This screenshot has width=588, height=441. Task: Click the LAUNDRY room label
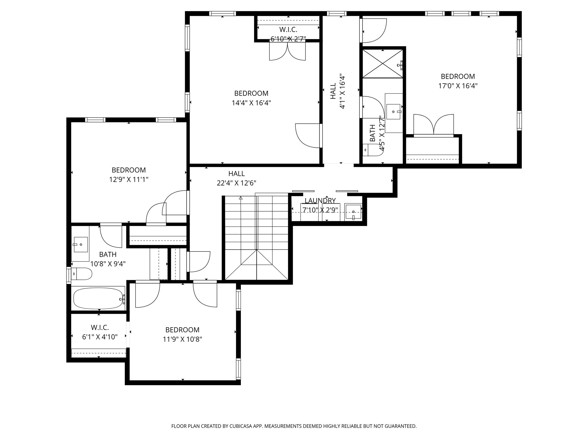pos(320,200)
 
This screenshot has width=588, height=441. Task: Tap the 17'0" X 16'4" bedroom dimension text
pos(458,86)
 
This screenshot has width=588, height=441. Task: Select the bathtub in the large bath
pos(98,298)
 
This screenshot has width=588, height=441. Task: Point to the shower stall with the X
pos(382,63)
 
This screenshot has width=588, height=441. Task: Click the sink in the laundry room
pos(353,212)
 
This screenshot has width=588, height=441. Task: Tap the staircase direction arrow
pos(241,198)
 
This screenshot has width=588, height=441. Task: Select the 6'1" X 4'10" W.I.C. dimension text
pos(100,337)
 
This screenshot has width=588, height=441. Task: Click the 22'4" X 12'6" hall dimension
pos(236,183)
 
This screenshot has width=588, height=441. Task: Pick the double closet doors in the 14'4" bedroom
pos(287,52)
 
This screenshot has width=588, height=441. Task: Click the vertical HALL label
pos(333,91)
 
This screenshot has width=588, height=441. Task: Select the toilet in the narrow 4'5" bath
pos(372,150)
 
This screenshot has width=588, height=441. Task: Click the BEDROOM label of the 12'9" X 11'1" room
pos(129,170)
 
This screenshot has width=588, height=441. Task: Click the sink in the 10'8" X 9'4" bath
pos(81,244)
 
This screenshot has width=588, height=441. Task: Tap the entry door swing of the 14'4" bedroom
pos(308,136)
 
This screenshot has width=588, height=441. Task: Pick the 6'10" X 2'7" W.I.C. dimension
pos(288,38)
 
